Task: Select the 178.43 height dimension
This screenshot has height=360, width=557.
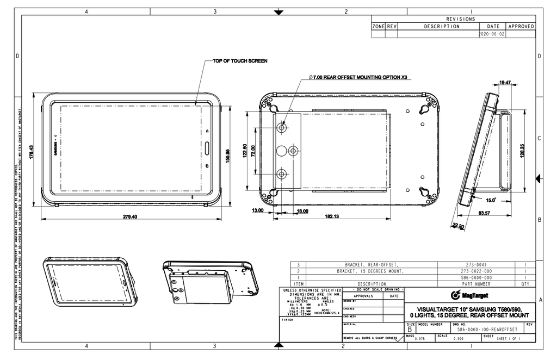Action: click(32, 152)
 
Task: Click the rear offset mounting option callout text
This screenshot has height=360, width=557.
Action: click(357, 77)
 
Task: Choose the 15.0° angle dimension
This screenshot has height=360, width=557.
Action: click(491, 200)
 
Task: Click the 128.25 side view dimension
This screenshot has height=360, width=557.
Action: click(522, 151)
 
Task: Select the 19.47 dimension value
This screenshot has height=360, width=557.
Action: click(505, 83)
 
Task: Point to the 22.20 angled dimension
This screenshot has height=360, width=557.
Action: click(458, 226)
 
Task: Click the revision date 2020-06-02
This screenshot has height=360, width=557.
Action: click(492, 34)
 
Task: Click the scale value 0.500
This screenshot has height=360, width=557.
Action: click(458, 339)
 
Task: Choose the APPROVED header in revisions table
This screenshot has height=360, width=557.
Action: click(521, 26)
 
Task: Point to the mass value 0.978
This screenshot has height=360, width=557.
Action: click(420, 339)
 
